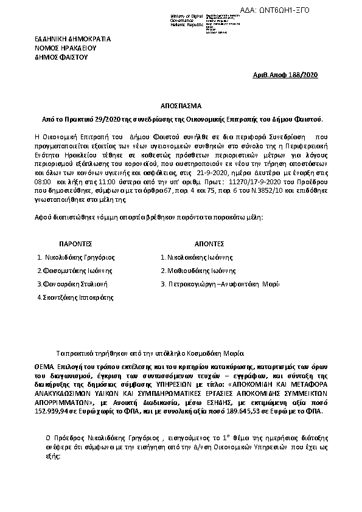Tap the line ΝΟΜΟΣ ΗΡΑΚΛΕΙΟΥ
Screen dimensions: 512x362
(65, 47)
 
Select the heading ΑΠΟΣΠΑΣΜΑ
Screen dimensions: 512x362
(180, 105)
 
